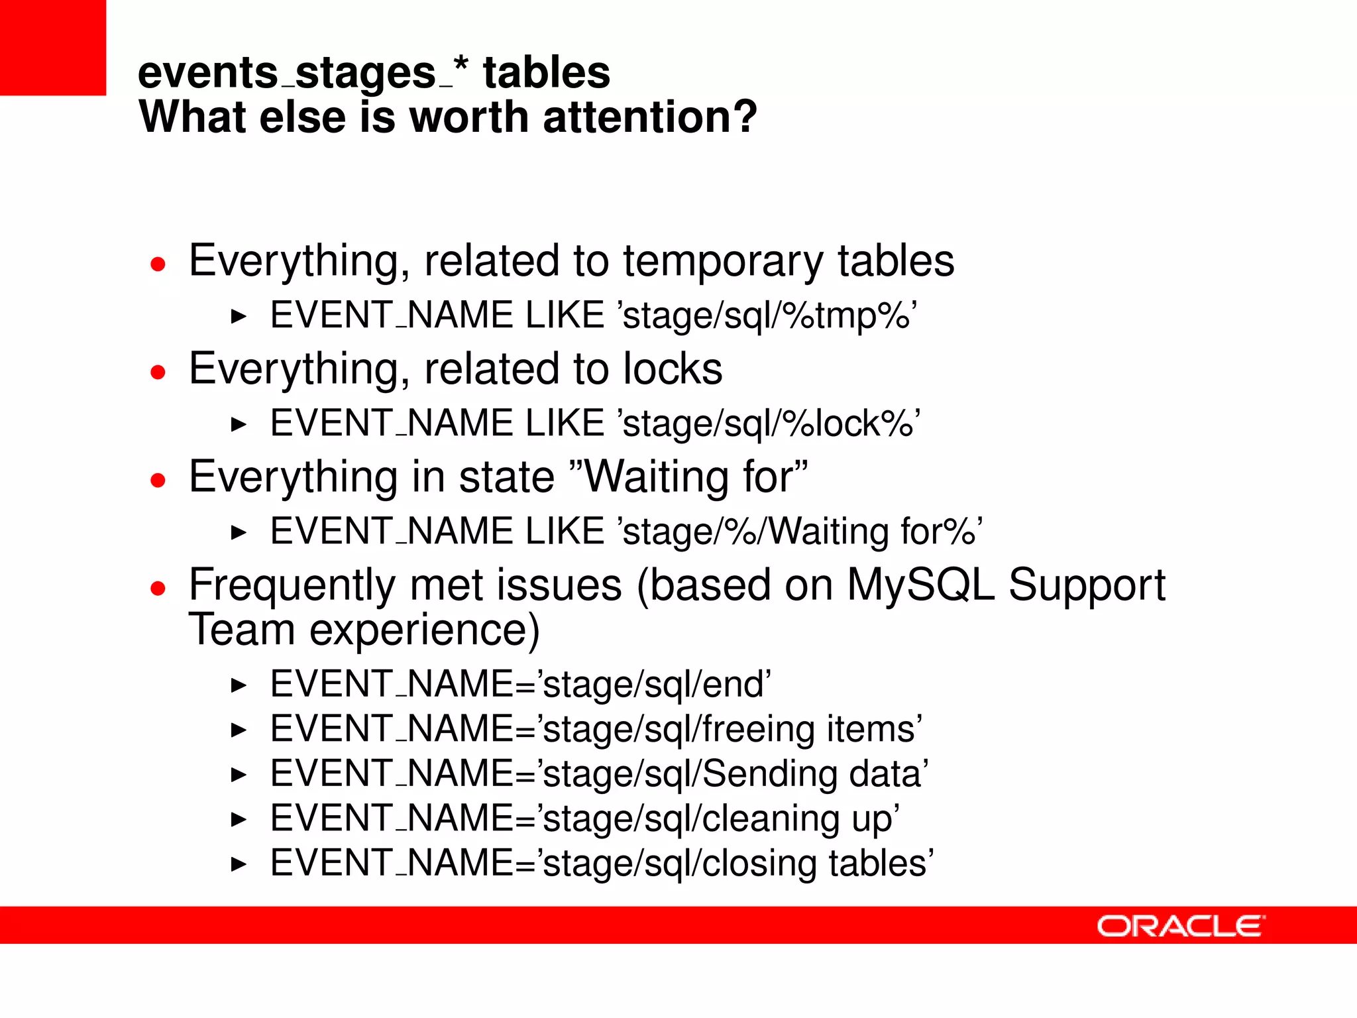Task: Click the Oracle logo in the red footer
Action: pyautogui.click(x=1180, y=926)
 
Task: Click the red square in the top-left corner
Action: pyautogui.click(x=52, y=47)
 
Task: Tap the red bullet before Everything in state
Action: pyautogui.click(x=158, y=479)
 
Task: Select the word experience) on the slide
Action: pyautogui.click(x=424, y=630)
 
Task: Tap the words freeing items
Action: pyautogui.click(x=808, y=729)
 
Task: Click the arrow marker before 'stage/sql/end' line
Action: pyautogui.click(x=239, y=685)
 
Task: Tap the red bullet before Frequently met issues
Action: pyautogui.click(x=158, y=588)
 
